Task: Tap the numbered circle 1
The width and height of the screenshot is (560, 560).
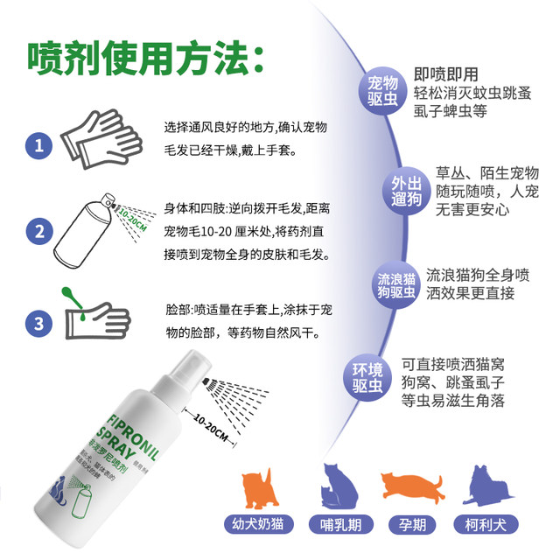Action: click(37, 143)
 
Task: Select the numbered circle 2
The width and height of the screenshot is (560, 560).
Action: click(37, 232)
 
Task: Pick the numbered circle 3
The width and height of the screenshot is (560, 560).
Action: click(37, 323)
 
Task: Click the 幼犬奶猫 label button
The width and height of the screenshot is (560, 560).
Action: click(261, 526)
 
